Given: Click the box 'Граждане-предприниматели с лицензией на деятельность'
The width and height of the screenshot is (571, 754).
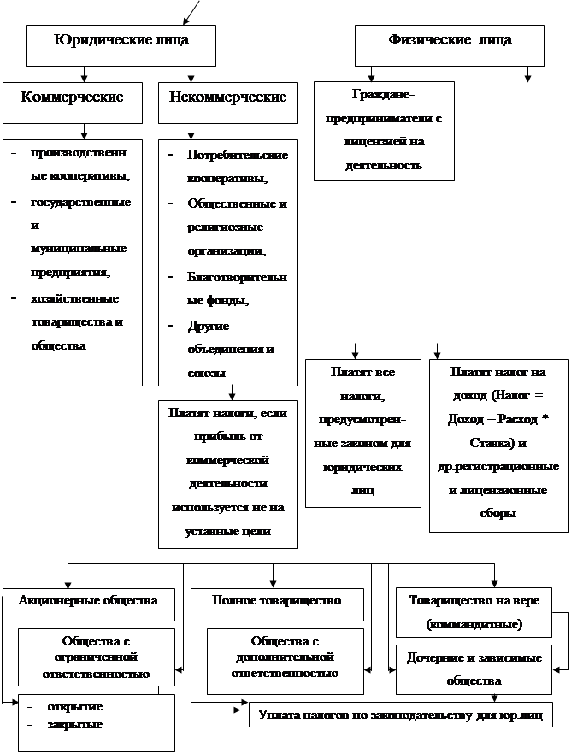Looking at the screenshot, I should [384, 129].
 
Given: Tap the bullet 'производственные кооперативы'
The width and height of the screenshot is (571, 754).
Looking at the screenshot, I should [79, 164].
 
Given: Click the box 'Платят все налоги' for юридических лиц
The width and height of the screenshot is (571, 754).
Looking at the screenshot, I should [362, 432].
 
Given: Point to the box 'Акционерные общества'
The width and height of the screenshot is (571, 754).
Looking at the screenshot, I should [88, 602].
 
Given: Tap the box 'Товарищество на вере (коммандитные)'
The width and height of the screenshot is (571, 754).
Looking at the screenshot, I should [474, 612].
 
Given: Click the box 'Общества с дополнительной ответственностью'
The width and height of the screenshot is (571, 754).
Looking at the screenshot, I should [285, 657].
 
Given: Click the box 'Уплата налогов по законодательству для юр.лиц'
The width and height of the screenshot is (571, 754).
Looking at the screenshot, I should [400, 713].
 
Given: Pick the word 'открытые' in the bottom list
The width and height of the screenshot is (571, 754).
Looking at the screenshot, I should [78, 707].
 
